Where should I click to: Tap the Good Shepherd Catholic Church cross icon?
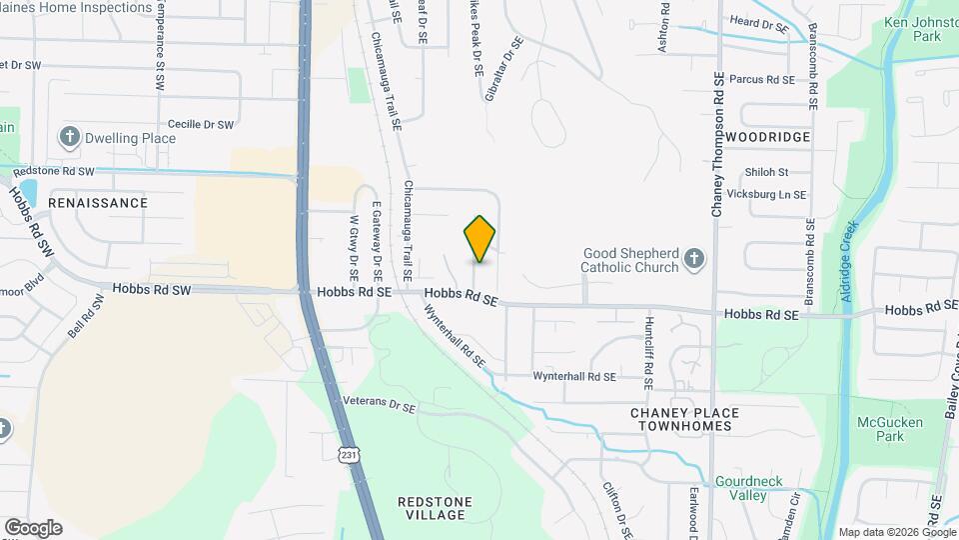tap(695, 261)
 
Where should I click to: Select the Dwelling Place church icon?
tap(69, 137)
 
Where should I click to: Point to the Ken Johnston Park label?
tap(912, 28)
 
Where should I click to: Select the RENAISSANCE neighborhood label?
tap(98, 202)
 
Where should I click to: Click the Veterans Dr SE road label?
tap(379, 406)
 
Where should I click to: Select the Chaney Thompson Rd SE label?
tap(717, 145)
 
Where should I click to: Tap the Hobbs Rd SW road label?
tap(152, 289)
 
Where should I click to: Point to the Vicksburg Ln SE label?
tap(766, 194)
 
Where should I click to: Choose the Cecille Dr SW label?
tap(201, 125)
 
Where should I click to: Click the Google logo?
tap(33, 527)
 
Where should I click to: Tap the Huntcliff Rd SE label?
tap(648, 353)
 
